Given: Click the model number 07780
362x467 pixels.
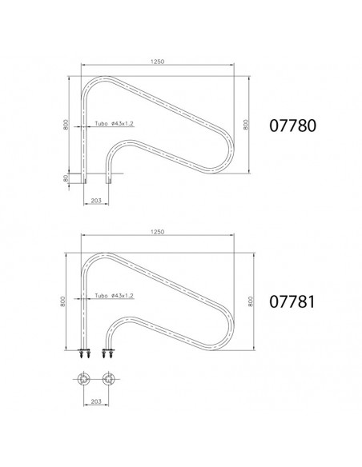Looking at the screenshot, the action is point(292,126).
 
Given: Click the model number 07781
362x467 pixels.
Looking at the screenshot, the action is point(292,301).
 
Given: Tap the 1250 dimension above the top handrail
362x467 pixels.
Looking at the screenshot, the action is point(158,62).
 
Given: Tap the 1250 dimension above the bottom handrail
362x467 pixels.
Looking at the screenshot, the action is point(158,232).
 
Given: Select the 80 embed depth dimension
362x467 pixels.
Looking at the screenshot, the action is point(66,178).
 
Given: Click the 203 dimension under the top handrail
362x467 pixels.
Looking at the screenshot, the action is point(96,201).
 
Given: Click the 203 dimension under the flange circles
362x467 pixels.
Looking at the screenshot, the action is point(96,401).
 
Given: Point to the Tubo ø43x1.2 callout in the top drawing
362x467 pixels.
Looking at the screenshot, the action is point(114,123).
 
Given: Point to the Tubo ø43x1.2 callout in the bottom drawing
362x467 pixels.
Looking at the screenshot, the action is point(114,295).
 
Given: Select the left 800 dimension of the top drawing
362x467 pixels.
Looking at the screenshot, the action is point(66,124).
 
